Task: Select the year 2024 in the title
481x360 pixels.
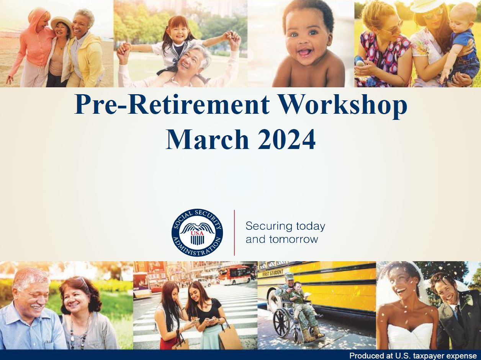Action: tap(286, 139)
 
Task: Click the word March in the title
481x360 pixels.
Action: tap(207, 139)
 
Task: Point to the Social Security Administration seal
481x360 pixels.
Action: tap(197, 233)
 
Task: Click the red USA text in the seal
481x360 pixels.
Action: tap(197, 233)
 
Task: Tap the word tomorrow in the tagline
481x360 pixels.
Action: tap(294, 239)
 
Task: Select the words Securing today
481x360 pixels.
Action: tap(285, 226)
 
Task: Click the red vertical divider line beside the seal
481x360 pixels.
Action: tap(234, 233)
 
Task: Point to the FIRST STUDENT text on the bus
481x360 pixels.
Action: tap(273, 273)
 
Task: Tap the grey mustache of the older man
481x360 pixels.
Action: tap(36, 306)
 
